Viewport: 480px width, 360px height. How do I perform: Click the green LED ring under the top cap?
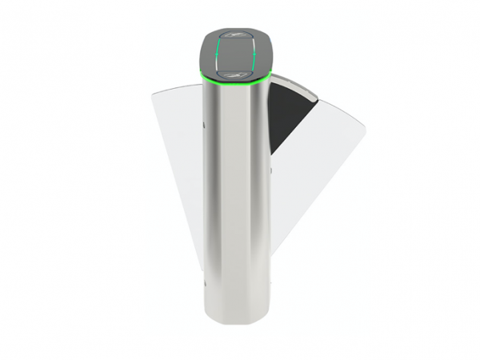(236, 84)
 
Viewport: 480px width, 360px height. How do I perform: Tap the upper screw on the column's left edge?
(202, 124)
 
